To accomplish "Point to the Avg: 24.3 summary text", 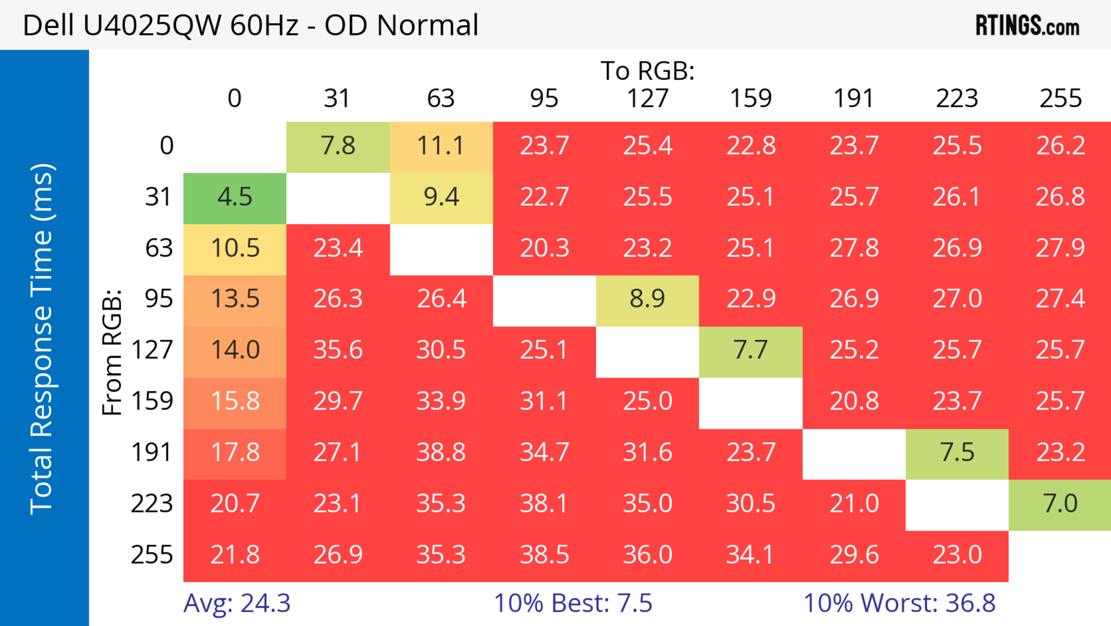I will [237, 603].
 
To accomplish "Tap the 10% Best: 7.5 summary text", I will [573, 603].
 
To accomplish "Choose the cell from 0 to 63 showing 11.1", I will [441, 146].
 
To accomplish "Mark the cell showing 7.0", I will [1060, 504].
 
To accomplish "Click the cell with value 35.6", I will [338, 350].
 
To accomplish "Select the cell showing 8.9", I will [648, 299].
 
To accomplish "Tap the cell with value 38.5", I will [544, 555].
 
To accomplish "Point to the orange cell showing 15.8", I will [235, 401].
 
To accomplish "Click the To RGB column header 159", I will [751, 98].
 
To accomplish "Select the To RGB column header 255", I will [1060, 98].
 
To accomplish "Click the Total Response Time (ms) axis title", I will [42, 339].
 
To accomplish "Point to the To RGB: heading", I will [648, 71].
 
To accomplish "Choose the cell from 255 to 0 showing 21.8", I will [235, 555].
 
